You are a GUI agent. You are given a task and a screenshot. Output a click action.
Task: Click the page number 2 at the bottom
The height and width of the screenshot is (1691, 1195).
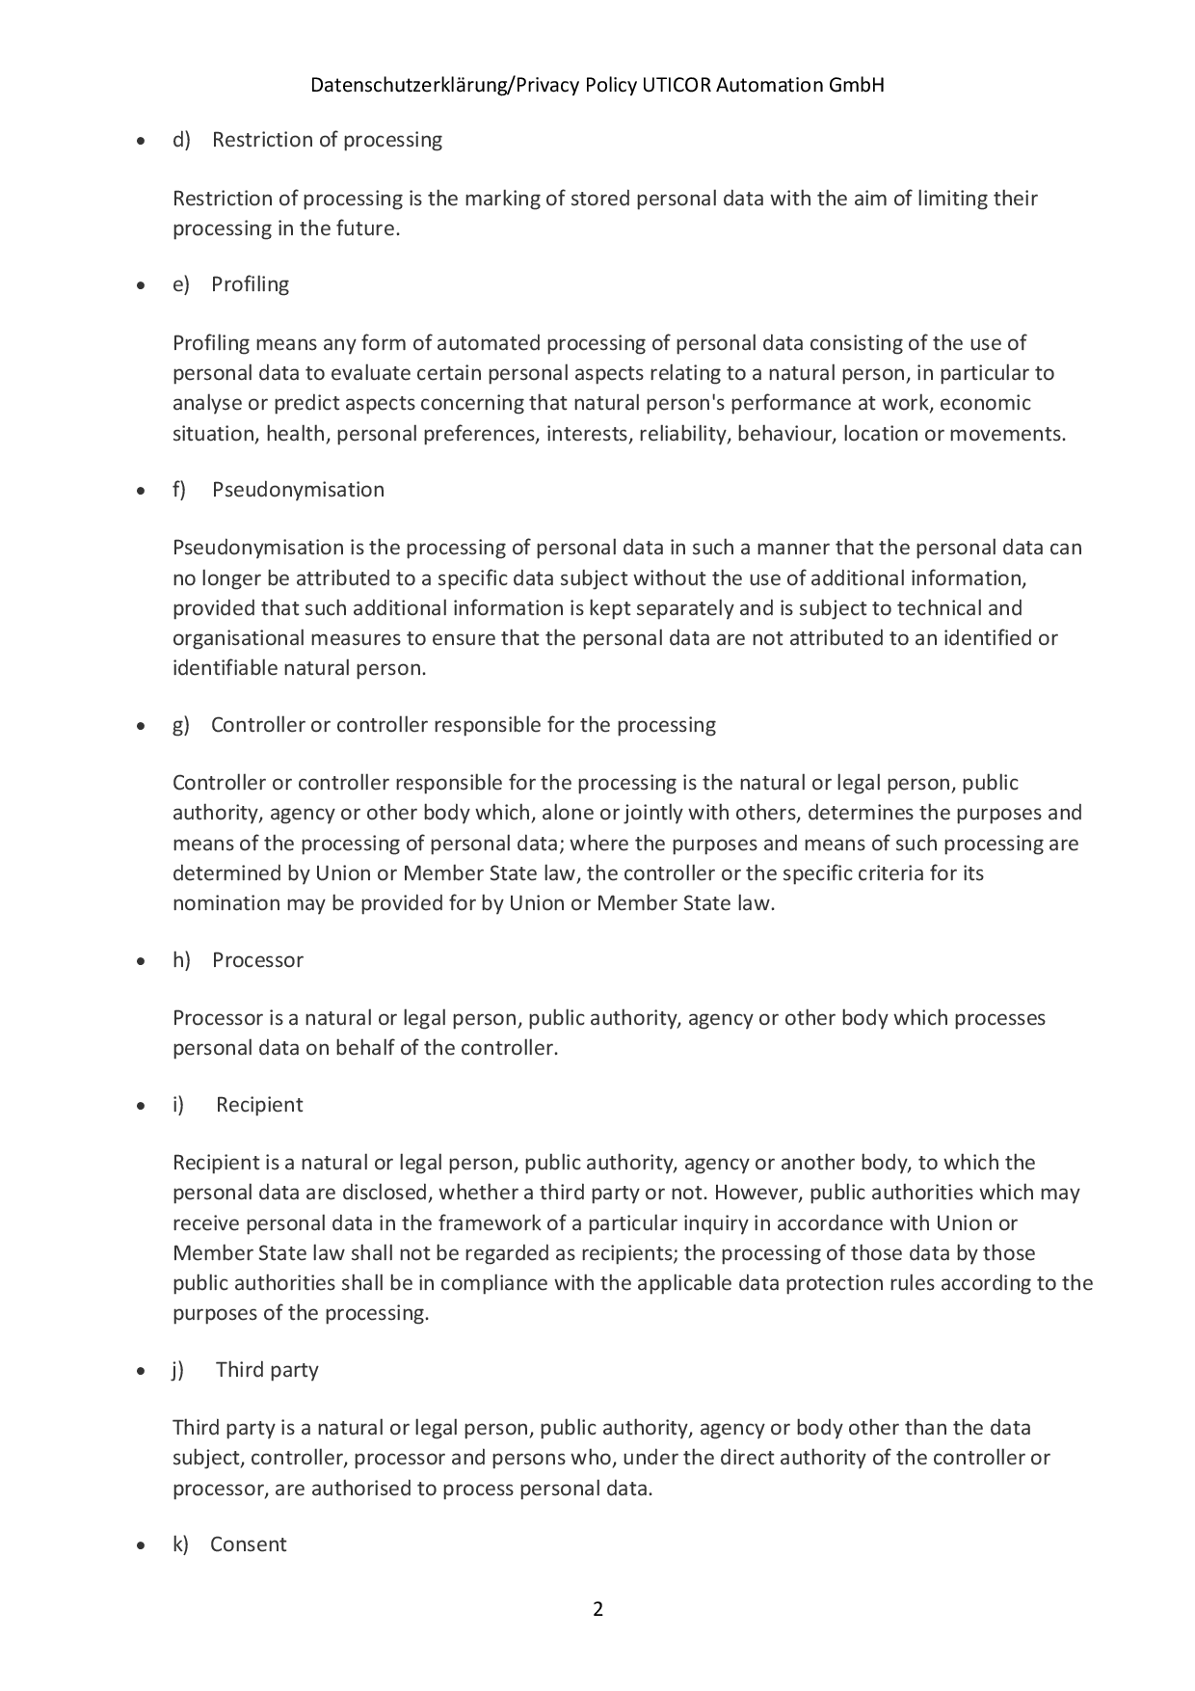pyautogui.click(x=597, y=1609)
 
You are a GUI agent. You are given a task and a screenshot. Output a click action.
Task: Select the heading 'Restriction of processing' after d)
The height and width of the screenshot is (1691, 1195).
pyautogui.click(x=327, y=140)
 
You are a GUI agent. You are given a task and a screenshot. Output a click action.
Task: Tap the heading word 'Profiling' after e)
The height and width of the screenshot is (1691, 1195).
pyautogui.click(x=250, y=284)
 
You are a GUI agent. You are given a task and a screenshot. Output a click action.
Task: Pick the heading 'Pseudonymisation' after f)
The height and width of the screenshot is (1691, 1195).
pyautogui.click(x=298, y=490)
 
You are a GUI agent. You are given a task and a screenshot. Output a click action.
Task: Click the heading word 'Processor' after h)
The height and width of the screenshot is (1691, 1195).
pyautogui.click(x=257, y=960)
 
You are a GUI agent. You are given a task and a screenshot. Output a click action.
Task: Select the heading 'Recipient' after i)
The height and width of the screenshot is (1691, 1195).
pyautogui.click(x=259, y=1105)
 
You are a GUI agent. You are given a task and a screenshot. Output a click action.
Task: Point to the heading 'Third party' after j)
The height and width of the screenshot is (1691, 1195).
pyautogui.click(x=267, y=1370)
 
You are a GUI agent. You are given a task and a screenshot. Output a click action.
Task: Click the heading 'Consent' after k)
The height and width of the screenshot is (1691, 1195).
pyautogui.click(x=249, y=1544)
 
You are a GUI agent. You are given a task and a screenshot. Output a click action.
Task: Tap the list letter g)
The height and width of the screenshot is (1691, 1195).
pyautogui.click(x=181, y=725)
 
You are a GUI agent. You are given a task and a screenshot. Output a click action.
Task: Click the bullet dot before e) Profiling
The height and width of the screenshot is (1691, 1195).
pyautogui.click(x=142, y=286)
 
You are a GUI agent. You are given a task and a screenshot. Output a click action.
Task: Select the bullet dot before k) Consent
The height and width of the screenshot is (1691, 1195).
pyautogui.click(x=142, y=1546)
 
